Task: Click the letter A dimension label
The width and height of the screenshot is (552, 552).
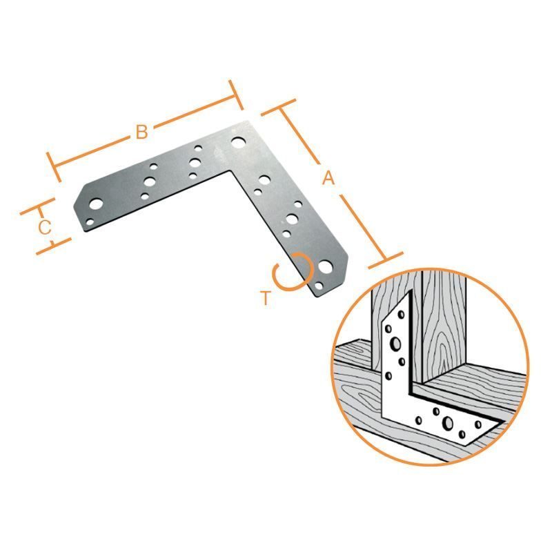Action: tap(328, 178)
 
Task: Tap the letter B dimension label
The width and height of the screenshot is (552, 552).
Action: tap(141, 132)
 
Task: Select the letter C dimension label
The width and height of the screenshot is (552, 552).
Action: tap(45, 228)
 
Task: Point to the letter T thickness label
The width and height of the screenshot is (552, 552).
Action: tap(266, 298)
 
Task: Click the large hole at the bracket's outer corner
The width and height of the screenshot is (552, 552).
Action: tap(238, 143)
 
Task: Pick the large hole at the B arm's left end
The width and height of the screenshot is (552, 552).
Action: tap(96, 204)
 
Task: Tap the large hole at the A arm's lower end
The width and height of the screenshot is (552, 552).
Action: tap(325, 267)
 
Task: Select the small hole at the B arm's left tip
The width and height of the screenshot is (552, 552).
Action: tap(90, 222)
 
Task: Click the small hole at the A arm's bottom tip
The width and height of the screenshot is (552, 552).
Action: tap(319, 286)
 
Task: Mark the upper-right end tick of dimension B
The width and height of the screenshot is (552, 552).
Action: tap(236, 95)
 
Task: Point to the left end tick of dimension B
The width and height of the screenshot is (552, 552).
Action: tap(55, 167)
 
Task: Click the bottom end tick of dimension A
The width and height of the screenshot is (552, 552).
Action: tap(386, 261)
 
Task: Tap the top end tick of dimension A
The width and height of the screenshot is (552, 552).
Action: tap(278, 108)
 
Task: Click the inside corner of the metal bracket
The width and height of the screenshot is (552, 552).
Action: tap(230, 171)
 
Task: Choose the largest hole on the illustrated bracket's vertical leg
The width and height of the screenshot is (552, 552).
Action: tap(395, 344)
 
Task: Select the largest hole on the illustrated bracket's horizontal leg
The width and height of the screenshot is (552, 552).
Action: tap(448, 423)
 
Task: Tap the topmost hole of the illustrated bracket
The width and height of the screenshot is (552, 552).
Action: tap(401, 314)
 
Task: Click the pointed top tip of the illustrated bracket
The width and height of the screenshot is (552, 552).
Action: tap(408, 292)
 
